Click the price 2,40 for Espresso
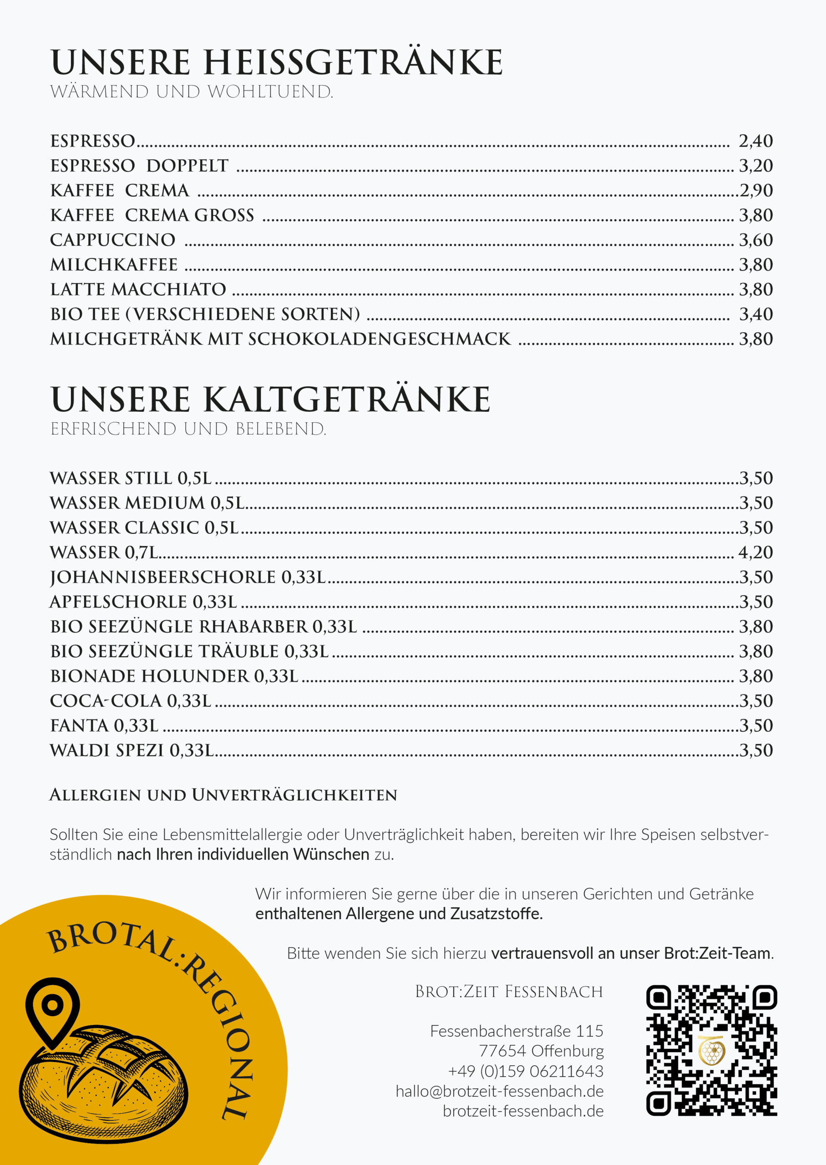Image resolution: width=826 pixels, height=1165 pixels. [755, 141]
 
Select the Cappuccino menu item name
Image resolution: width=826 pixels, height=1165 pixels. [112, 239]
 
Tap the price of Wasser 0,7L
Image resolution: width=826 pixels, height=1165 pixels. [755, 552]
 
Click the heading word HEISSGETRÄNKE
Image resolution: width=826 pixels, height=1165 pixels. [353, 62]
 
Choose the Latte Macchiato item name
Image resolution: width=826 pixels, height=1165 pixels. [138, 289]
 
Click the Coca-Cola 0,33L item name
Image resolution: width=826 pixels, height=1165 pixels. [130, 701]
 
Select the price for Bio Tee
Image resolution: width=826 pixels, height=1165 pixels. [756, 314]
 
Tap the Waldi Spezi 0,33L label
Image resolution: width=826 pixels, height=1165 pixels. [131, 750]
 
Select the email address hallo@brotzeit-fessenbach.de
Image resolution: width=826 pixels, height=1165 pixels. [499, 1091]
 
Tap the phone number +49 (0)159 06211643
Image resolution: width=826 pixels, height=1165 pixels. [525, 1071]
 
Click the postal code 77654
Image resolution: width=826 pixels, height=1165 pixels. [502, 1051]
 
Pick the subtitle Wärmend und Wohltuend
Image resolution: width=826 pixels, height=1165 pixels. [192, 92]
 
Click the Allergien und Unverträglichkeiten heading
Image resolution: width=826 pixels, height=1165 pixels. [223, 795]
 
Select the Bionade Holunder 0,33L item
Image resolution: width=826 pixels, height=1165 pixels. [174, 676]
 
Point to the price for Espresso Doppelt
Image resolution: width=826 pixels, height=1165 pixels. [756, 166]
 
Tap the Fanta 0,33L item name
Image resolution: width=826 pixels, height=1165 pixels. [104, 726]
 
